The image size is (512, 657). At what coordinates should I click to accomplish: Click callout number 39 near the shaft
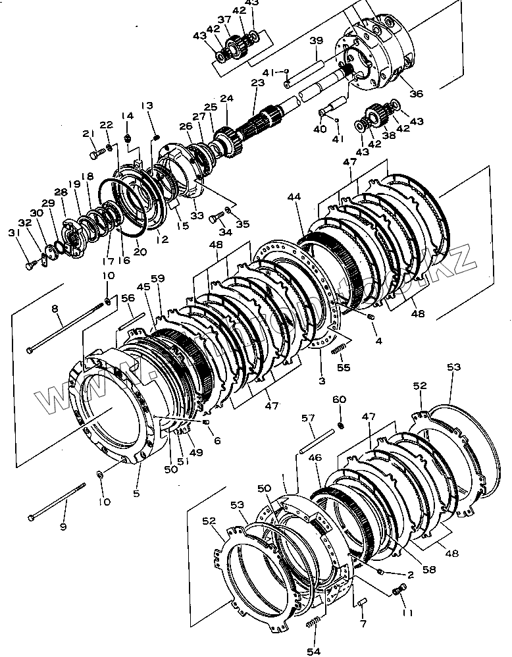point(317,41)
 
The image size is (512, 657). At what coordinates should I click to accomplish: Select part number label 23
point(257,84)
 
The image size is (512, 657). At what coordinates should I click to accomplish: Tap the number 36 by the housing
point(416,93)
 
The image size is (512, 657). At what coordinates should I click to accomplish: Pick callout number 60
point(339,400)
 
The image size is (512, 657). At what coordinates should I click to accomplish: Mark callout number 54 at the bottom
point(316,650)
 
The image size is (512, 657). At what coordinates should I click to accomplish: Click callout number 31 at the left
point(12,232)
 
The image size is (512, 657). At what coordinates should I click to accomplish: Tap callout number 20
point(140,251)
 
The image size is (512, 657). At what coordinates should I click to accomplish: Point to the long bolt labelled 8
point(66,332)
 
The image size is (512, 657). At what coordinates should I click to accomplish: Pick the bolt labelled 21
point(97,153)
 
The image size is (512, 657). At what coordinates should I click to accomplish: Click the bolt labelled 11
point(397,592)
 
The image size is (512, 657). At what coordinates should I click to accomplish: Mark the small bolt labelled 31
point(30,265)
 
